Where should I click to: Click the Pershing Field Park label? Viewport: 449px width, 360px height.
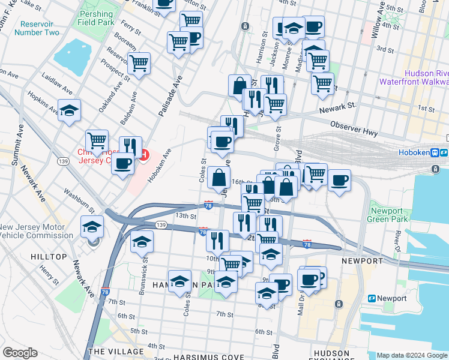tap(95, 18)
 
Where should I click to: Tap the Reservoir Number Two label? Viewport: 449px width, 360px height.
tap(40, 28)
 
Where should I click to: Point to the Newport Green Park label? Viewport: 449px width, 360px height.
tap(388, 215)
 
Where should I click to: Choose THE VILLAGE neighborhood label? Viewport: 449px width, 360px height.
tap(116, 352)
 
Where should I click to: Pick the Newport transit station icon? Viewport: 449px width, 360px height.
tap(372, 298)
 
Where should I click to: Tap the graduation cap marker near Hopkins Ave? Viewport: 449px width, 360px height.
tap(70, 110)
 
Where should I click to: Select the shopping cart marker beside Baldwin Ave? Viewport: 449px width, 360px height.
tap(139, 63)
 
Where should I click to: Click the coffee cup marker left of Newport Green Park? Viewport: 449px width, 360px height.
tap(339, 180)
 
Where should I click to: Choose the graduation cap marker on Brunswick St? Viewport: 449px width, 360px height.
tap(142, 241)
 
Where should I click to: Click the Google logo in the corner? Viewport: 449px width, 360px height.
tap(20, 353)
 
